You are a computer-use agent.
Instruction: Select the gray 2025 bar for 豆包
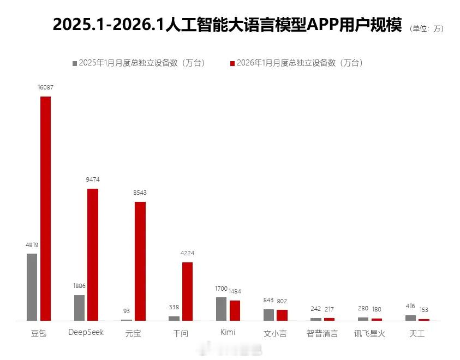(x=32, y=287)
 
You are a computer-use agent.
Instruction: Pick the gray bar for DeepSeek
(x=80, y=308)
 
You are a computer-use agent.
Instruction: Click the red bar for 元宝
(x=140, y=261)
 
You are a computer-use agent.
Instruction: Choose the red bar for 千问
(x=187, y=291)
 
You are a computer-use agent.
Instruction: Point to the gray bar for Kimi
(x=221, y=309)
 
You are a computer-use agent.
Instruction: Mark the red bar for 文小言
(x=282, y=315)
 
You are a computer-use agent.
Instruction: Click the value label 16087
(x=45, y=87)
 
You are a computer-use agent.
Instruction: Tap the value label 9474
(x=93, y=179)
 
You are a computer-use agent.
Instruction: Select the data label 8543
(x=140, y=193)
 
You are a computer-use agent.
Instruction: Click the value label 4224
(x=187, y=253)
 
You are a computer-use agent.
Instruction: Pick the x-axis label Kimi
(x=228, y=332)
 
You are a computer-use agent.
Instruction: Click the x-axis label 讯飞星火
(x=369, y=333)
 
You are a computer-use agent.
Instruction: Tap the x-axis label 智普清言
(x=322, y=333)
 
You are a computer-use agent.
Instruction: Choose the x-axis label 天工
(x=417, y=333)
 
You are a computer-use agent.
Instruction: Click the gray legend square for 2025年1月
(x=75, y=63)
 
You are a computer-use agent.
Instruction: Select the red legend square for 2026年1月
(x=232, y=63)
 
